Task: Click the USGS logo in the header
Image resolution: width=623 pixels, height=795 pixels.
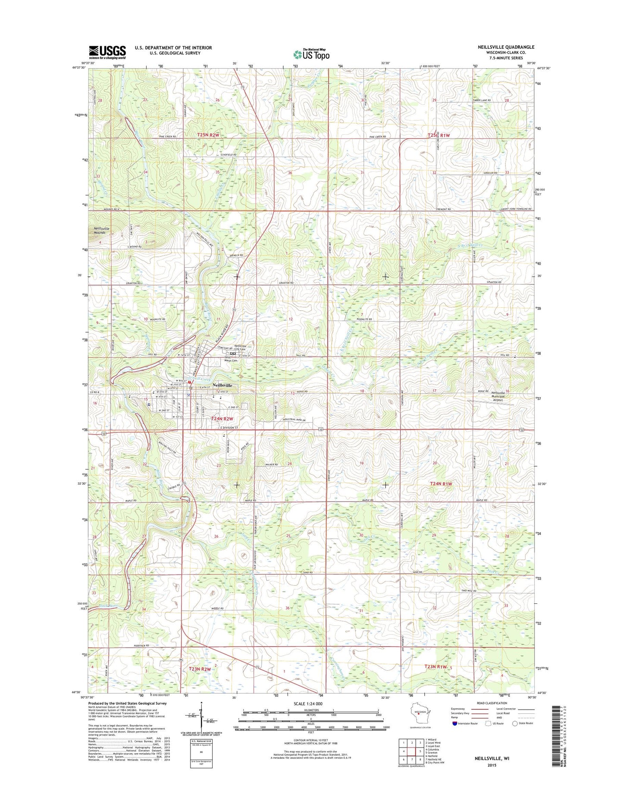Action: [107, 52]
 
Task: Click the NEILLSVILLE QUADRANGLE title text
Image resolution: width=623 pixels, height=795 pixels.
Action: [506, 47]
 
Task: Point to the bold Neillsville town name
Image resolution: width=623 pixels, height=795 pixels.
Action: [222, 385]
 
